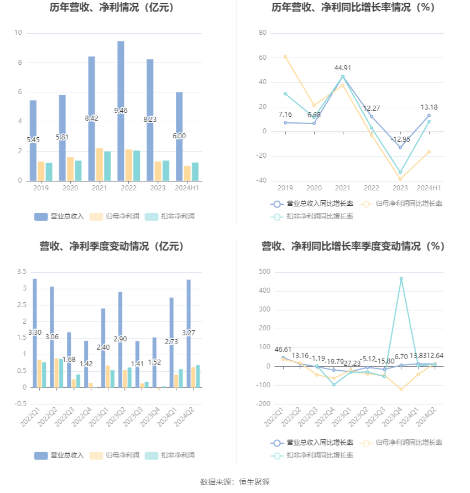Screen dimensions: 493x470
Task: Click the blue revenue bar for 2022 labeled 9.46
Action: click(121, 111)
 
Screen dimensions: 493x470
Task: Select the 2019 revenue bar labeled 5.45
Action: click(33, 141)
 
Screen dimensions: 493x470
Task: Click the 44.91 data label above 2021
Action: click(343, 68)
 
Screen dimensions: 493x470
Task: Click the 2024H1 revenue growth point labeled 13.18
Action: click(429, 116)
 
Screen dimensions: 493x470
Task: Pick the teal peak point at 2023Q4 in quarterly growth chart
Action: click(401, 278)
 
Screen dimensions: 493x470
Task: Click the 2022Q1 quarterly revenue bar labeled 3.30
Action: click(35, 332)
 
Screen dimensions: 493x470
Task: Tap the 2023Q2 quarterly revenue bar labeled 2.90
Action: click(120, 339)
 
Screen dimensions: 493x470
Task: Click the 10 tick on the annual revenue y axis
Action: click(18, 33)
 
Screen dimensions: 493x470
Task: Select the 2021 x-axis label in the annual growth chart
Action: click(343, 188)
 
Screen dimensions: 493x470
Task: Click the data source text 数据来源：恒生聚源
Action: click(235, 482)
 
